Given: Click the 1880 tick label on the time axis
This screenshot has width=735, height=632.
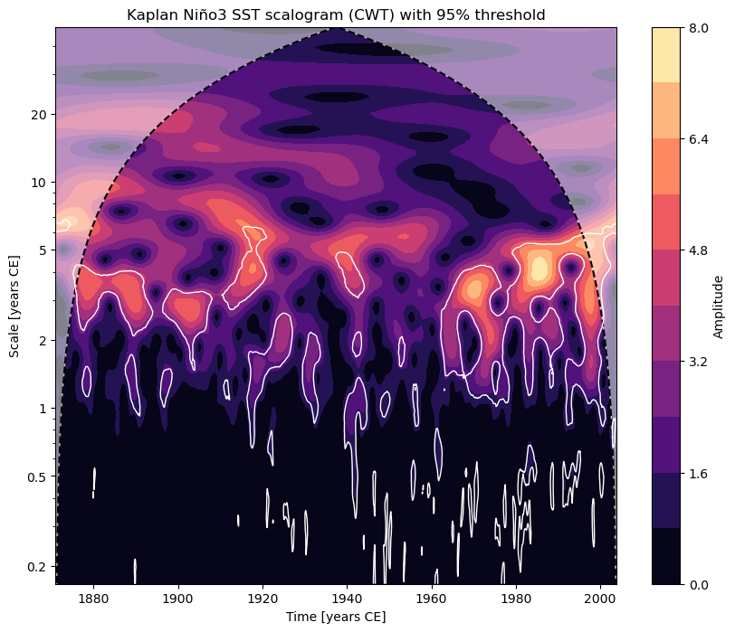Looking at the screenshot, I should coord(93,598).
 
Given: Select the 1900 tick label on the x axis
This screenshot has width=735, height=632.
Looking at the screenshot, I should coord(177,598).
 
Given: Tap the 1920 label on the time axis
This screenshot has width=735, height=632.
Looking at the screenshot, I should coord(262,598).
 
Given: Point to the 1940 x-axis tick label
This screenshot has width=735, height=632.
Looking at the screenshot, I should coord(347,598).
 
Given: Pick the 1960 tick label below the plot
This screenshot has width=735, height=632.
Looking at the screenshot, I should coord(431,598).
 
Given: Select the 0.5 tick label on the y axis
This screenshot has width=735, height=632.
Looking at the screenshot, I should coord(37,476).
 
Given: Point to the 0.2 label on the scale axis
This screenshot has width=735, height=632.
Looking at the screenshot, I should coord(37,567).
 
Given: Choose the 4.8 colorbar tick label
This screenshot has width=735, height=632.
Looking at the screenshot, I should coord(698,250).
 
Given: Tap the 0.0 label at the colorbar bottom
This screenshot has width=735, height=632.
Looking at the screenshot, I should coord(698,585).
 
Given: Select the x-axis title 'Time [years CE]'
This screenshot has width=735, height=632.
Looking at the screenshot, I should coord(336,617).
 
